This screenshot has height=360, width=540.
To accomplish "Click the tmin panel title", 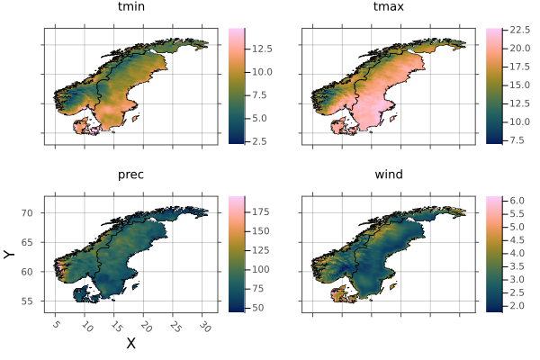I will [130, 8].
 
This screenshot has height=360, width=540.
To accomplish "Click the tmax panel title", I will [389, 8].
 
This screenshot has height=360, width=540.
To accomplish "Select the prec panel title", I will [130, 174].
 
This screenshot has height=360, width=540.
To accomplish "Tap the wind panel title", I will [389, 174].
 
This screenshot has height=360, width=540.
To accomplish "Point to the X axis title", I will [130, 343].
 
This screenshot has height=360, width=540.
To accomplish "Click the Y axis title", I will [10, 255].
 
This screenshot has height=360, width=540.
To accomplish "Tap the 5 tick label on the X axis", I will [56, 324].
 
